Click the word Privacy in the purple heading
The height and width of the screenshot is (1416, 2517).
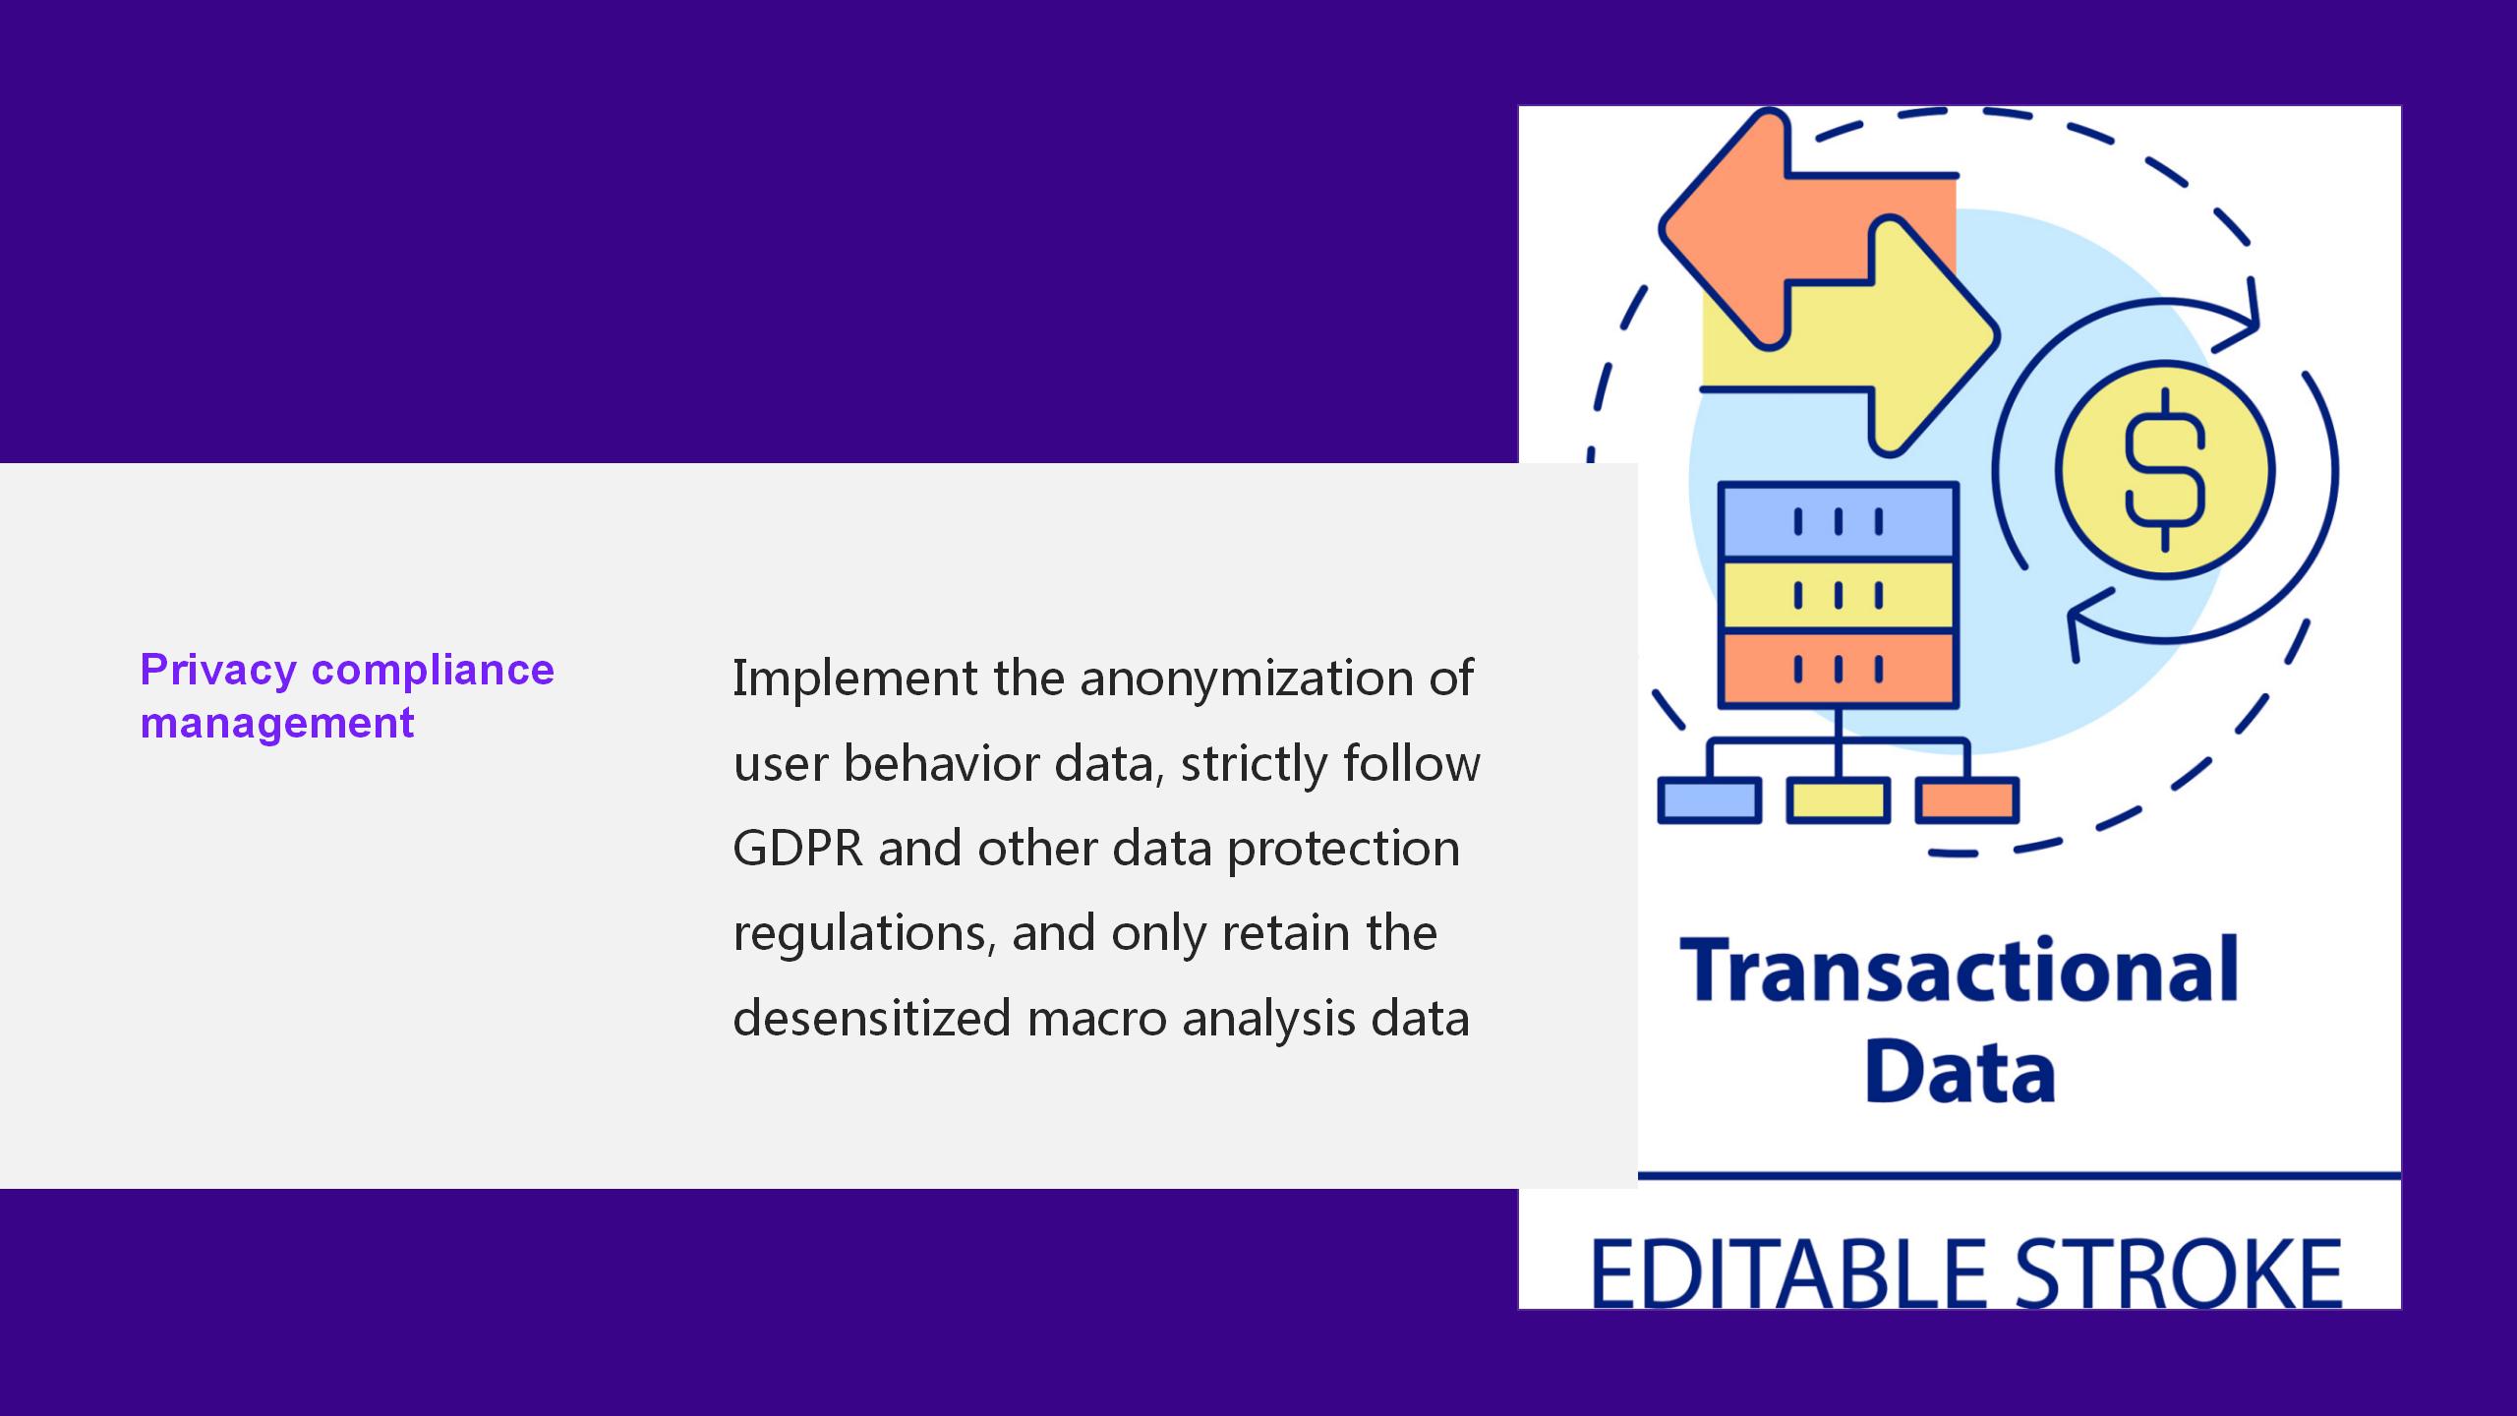[218, 672]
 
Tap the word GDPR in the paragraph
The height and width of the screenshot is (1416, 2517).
[798, 849]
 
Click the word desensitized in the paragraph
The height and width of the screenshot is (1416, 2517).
[872, 1018]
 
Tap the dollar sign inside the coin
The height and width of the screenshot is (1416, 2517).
[2165, 469]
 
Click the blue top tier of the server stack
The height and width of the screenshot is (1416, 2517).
[1838, 521]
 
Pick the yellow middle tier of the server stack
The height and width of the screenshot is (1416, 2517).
[1838, 596]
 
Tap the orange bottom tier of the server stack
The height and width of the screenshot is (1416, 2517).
[1838, 669]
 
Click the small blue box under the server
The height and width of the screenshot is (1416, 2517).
[1710, 800]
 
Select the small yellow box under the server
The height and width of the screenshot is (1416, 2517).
[1839, 800]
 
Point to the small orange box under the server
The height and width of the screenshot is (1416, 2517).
[1967, 800]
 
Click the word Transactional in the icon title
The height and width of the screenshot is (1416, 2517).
[1960, 971]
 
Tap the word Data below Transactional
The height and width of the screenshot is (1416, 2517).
[1960, 1071]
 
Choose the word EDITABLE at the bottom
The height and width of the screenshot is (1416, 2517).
[1789, 1274]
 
